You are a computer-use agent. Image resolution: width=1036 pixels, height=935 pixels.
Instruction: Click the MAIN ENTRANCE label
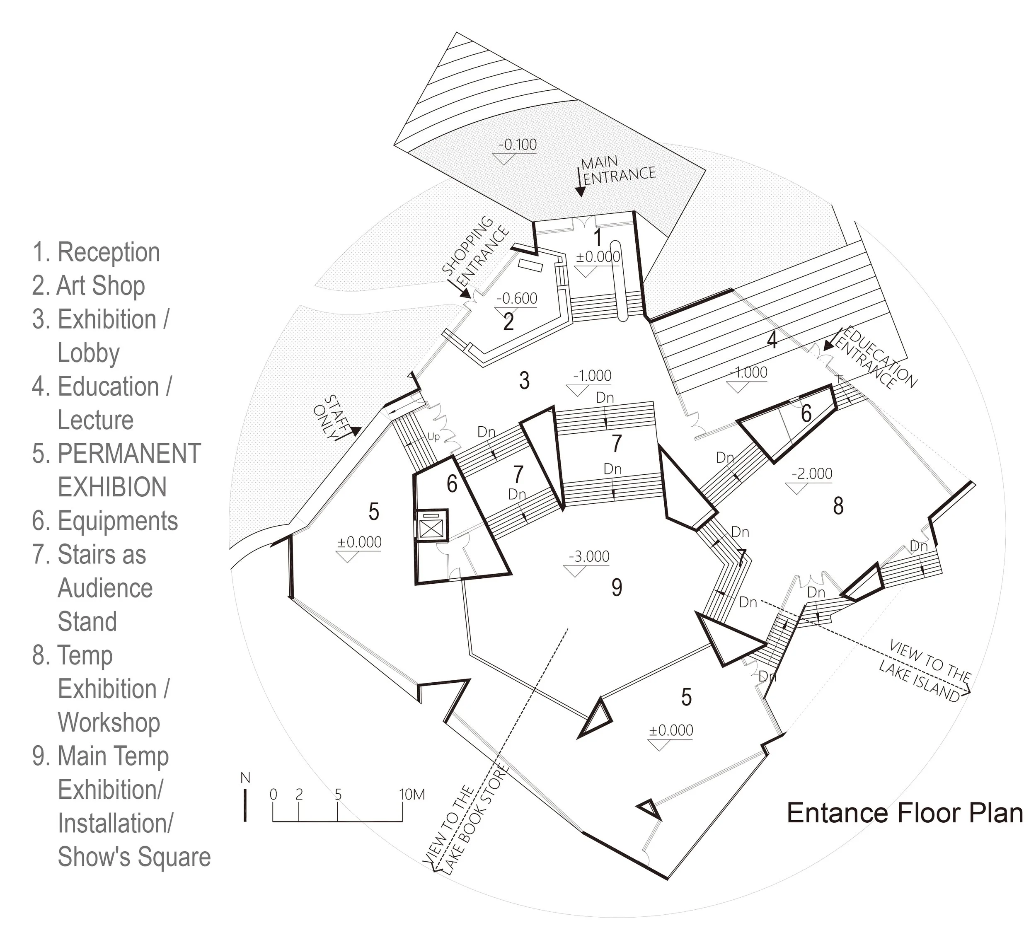point(619,170)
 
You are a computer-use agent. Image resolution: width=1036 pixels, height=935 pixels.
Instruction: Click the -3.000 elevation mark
point(589,556)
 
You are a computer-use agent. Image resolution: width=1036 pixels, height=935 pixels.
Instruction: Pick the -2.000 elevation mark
point(812,474)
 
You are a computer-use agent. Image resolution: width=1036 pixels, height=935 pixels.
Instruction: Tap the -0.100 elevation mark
point(517,145)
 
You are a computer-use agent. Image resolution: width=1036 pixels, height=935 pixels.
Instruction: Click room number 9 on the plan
point(617,587)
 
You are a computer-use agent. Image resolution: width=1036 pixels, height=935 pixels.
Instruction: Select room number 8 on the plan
point(838,506)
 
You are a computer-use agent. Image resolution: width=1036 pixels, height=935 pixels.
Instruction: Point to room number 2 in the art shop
point(508,322)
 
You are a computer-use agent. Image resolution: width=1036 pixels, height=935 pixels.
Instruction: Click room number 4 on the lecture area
point(772,340)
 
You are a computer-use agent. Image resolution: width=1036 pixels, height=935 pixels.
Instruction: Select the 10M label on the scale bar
point(412,795)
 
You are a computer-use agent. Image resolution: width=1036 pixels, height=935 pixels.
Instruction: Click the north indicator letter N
point(245,778)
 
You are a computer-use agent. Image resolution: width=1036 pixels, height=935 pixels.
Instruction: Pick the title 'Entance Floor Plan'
point(905,813)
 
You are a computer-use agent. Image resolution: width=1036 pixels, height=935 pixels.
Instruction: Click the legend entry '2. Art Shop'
point(88,286)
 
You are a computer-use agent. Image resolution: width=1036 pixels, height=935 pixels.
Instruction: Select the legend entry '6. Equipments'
point(105,521)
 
